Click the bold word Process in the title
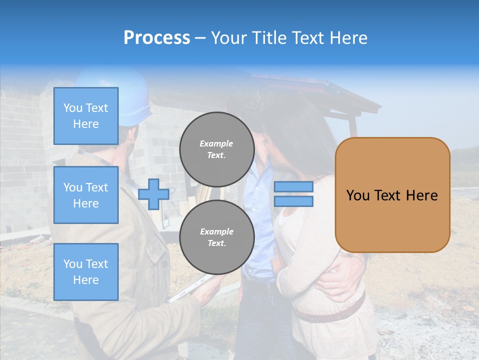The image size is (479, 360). pos(157,38)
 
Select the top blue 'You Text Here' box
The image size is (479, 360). pos(86,116)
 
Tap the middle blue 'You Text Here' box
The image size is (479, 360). pos(86,195)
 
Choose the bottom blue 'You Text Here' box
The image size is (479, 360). pos(86,272)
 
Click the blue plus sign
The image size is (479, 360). pos(153,194)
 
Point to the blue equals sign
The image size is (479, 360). pos(293,194)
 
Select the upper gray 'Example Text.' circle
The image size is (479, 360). pos(217,149)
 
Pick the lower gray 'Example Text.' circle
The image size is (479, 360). pos(217,237)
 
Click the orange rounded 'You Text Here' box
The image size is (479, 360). pos(392,195)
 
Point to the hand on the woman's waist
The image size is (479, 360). pos(339,280)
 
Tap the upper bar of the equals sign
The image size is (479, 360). pos(293,187)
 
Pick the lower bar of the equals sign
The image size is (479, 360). pos(293,201)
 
